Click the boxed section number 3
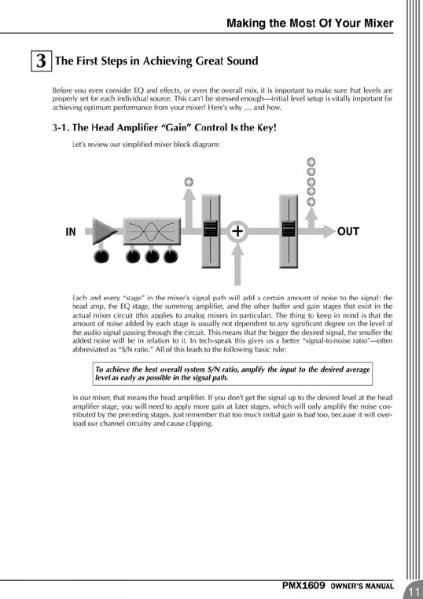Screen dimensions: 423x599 coord(41,61)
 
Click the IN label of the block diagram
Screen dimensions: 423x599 coord(71,231)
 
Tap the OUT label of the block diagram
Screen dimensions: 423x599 coord(348,231)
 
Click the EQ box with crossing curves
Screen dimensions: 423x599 coord(152,231)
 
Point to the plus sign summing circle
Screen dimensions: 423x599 coord(237,231)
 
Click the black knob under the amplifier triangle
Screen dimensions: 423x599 coord(101,256)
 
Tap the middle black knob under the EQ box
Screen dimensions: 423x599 coord(152,256)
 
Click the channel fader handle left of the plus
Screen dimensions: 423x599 coord(211,229)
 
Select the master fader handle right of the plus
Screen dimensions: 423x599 coord(289,229)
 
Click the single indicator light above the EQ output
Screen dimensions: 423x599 coord(189,182)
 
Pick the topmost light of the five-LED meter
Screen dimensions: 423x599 coord(311,162)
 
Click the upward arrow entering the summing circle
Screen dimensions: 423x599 coord(237,264)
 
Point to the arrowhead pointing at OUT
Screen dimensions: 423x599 coord(329,231)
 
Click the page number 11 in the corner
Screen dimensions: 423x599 coord(414,592)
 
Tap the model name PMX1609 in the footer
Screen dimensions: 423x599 coord(303,586)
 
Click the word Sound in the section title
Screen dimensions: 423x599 coord(241,61)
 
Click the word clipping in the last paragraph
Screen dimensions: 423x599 coord(199,424)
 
